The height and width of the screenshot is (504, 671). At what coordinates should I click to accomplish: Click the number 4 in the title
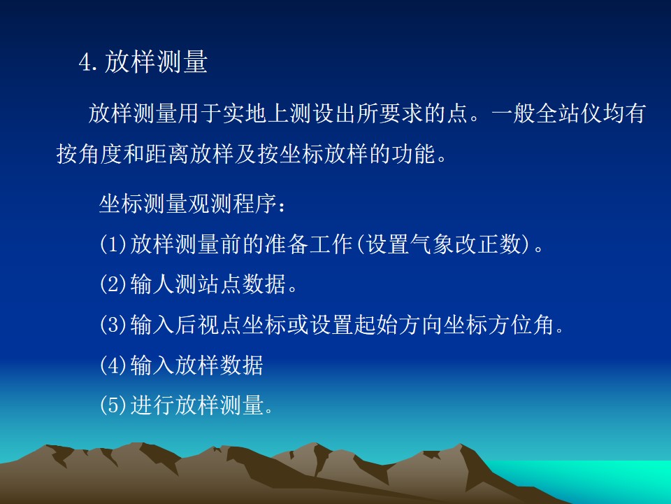(85, 62)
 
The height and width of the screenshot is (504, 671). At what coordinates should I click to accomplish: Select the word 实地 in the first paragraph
(245, 113)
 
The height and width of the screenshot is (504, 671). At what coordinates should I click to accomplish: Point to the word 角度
(101, 154)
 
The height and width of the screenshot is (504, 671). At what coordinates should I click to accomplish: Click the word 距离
(167, 154)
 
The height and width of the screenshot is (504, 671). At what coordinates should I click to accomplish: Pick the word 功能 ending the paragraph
(413, 154)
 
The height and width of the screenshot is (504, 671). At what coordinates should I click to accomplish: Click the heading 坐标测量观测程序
(188, 204)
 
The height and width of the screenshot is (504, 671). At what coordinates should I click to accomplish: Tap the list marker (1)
(113, 244)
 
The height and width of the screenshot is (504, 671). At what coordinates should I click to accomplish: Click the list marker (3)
(113, 324)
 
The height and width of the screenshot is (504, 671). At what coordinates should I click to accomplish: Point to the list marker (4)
(113, 365)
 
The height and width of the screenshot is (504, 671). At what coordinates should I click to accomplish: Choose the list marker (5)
(113, 405)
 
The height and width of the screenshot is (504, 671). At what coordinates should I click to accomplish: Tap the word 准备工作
(308, 244)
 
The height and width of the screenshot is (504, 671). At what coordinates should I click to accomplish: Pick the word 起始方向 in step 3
(398, 324)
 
